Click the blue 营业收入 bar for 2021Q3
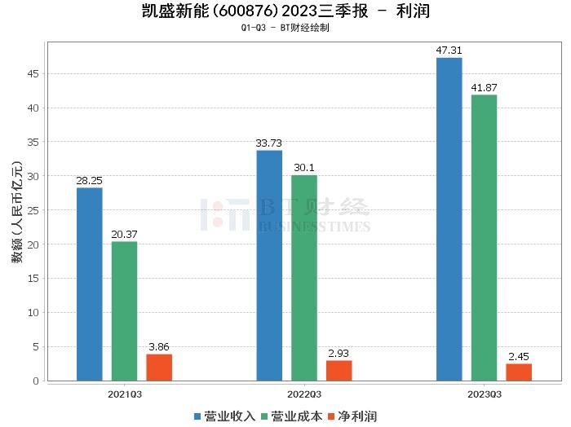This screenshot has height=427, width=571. [90, 284]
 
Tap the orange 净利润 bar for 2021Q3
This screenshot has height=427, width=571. [159, 368]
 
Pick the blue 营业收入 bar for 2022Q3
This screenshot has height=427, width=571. [269, 265]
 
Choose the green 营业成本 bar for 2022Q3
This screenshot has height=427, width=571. [304, 277]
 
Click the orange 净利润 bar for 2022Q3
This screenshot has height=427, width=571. [339, 370]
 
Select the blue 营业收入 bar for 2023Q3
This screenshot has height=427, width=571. [449, 218]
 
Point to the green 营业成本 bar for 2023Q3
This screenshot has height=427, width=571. [484, 237]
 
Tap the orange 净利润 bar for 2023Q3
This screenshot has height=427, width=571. [519, 372]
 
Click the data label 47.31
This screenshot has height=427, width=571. [449, 51]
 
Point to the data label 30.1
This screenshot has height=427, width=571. [304, 168]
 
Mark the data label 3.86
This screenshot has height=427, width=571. [159, 347]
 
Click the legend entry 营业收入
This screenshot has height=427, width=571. [225, 416]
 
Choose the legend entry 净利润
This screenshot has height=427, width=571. [352, 416]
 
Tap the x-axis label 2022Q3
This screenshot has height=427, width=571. [303, 394]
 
